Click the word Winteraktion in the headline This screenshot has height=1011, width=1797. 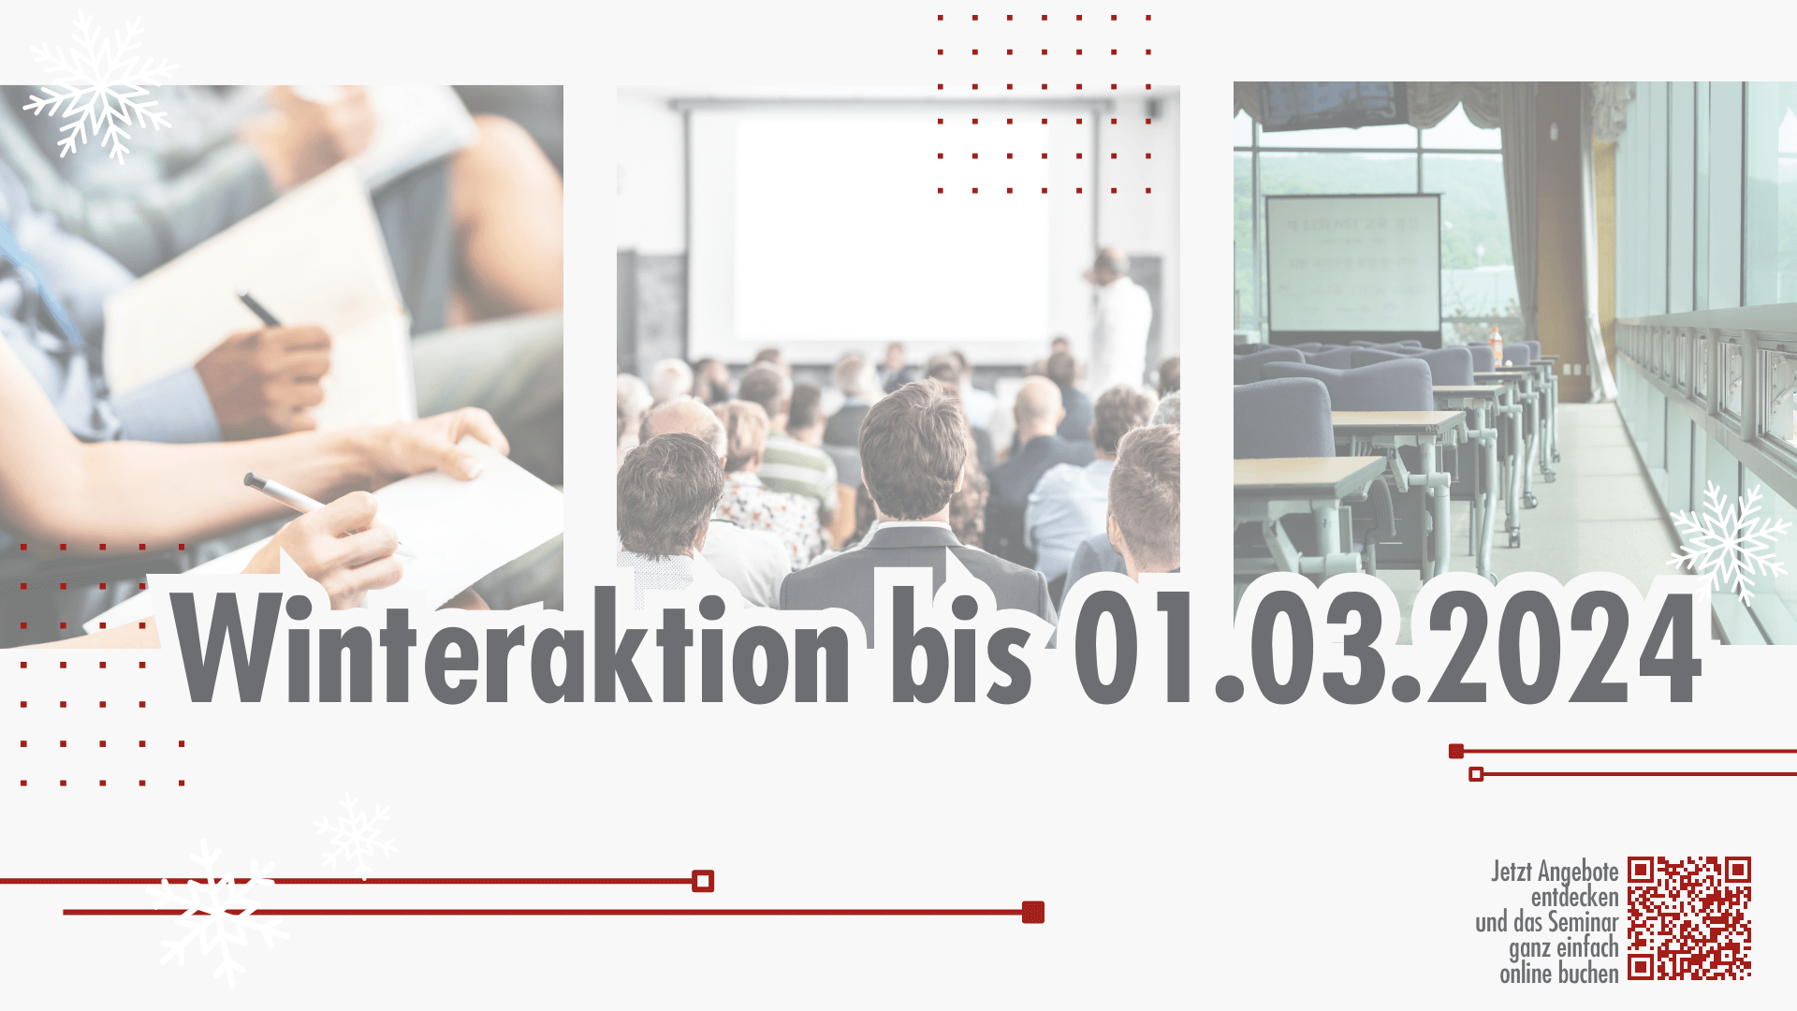(x=511, y=647)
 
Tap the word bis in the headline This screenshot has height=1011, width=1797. (x=961, y=647)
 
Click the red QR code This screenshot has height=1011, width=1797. (x=1689, y=918)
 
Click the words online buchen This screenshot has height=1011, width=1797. (x=1559, y=974)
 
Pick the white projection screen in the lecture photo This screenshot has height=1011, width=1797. (x=891, y=229)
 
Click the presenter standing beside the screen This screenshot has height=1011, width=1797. (x=1118, y=318)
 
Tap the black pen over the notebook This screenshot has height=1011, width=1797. (x=259, y=310)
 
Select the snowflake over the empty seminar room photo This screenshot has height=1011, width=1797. (x=1729, y=543)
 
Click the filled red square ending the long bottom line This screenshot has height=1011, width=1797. (x=1033, y=912)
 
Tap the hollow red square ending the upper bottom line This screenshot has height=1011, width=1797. (x=703, y=881)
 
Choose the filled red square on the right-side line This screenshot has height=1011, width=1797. (x=1456, y=751)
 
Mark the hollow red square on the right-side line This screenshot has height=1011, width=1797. (x=1476, y=774)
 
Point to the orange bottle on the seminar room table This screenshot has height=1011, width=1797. (x=1496, y=344)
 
